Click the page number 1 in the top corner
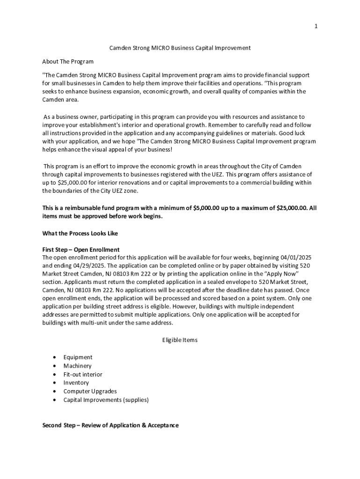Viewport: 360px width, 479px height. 316,27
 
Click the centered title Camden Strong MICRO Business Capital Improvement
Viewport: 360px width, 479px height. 180,48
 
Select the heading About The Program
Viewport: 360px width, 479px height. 68,62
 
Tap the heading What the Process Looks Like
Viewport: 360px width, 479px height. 80,233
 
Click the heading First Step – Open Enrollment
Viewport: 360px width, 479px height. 81,250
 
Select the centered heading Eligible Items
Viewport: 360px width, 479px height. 180,340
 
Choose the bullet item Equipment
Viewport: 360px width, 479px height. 78,357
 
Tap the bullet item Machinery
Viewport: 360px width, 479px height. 78,366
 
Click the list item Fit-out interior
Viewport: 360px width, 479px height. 83,374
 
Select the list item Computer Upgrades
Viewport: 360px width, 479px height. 90,391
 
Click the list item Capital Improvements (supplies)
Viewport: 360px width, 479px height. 106,400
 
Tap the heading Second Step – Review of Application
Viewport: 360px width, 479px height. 110,425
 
